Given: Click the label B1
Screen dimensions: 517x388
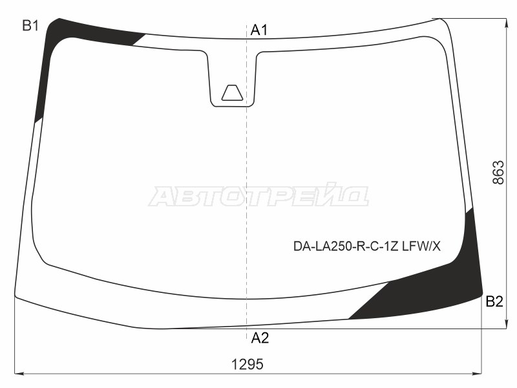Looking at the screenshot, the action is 30,25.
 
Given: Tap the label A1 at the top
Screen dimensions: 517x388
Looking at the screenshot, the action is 259,30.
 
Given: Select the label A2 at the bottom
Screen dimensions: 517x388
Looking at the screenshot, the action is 260,338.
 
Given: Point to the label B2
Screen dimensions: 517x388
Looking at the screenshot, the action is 494,301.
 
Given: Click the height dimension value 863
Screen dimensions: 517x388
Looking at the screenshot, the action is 498,172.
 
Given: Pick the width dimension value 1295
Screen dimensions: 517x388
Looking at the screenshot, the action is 248,365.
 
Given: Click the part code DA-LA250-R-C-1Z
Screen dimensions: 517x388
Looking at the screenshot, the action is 346,246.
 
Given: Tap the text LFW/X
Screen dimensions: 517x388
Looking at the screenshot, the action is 421,246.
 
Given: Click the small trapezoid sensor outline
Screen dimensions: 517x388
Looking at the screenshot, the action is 232,92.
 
